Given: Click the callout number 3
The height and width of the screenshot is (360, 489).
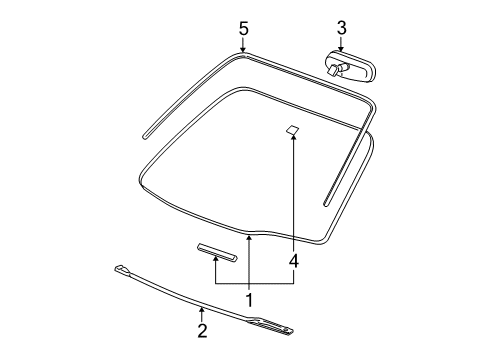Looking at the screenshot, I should click(341, 27).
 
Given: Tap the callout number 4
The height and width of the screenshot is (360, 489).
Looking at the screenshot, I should click(293, 261).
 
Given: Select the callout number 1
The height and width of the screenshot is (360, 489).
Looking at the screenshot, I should click(249, 298).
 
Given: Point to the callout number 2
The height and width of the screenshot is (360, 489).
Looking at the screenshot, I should click(202, 329).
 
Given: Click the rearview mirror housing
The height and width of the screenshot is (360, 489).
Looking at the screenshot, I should click(355, 68).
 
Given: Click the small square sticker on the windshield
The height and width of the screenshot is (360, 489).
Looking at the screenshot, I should click(293, 129).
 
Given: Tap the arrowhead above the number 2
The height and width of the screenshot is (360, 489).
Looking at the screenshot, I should click(202, 311).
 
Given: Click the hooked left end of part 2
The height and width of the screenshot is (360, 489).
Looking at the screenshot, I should click(121, 268).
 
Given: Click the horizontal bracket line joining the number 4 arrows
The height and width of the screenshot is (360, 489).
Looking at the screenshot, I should click(254, 284).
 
